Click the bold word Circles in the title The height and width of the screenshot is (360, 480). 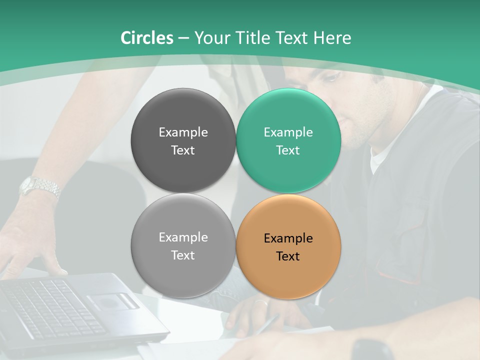(x=147, y=38)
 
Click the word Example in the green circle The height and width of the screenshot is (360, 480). (x=288, y=132)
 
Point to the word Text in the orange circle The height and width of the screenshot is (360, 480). (x=288, y=256)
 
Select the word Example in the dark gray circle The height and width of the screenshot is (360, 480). (x=183, y=132)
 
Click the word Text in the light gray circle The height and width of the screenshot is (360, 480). (x=183, y=255)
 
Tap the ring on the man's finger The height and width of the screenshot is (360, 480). (x=259, y=302)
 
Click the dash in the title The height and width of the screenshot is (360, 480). (x=183, y=38)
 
